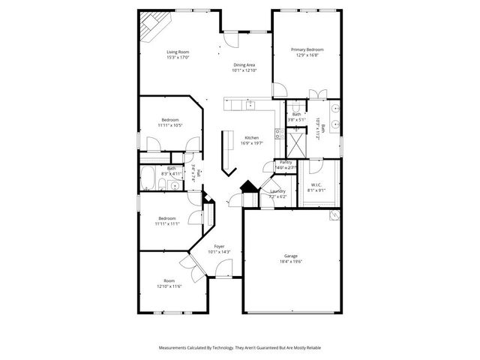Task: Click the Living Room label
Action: point(178,51)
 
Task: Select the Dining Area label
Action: point(244,65)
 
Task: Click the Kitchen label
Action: point(251,138)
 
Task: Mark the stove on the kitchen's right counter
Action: point(278,134)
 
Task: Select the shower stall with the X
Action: point(298,142)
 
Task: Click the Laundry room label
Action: point(278,191)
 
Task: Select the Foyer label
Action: point(220,246)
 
